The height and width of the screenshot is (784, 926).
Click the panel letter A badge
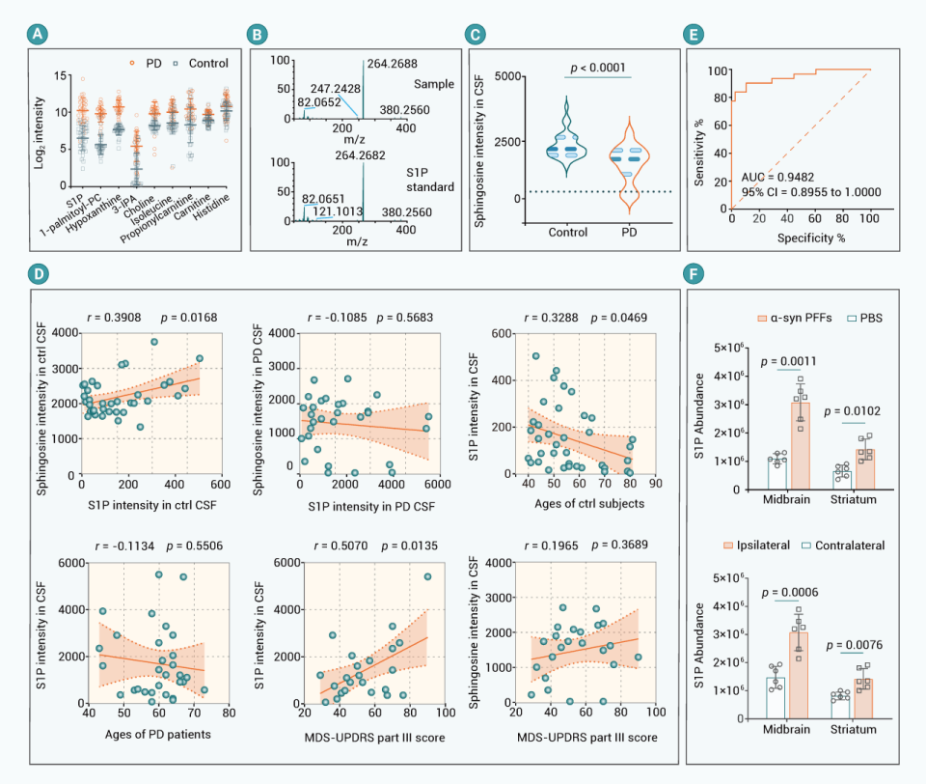[37, 35]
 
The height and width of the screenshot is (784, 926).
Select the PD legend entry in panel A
[147, 64]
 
